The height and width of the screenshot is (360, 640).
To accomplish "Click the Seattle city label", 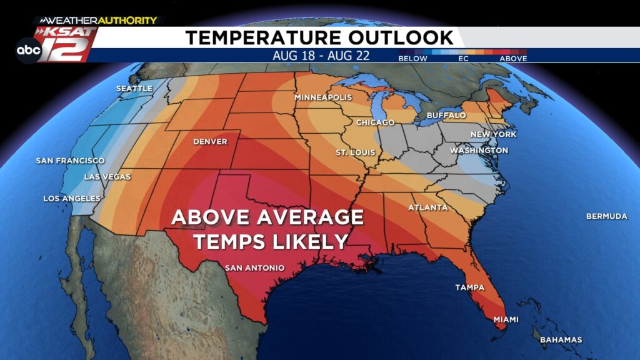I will (134, 89).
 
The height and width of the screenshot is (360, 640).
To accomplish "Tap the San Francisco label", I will (70, 161).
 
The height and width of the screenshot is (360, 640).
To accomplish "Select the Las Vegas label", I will (107, 177).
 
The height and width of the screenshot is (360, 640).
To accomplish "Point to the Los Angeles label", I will (71, 199).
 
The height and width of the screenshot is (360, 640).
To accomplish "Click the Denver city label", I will (210, 142).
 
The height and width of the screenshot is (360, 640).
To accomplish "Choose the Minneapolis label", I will (323, 98).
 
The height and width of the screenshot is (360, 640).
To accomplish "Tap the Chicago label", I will (375, 122).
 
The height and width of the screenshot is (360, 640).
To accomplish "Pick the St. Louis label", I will (351, 152).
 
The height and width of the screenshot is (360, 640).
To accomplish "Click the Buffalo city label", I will (446, 116).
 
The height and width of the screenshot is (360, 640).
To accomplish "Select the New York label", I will (493, 134).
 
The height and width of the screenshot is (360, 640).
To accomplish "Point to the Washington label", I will (479, 151).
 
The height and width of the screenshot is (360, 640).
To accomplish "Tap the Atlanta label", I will (428, 207).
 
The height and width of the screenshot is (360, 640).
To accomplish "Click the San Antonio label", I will (254, 268).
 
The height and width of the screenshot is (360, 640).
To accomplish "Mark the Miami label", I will (506, 319).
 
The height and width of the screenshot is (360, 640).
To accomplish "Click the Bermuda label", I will (606, 216).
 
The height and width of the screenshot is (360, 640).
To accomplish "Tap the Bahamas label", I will (561, 340).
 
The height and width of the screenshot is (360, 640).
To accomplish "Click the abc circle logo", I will (29, 49).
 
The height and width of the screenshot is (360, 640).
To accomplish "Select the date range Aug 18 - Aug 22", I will (321, 56).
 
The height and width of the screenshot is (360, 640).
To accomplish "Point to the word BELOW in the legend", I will (413, 59).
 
